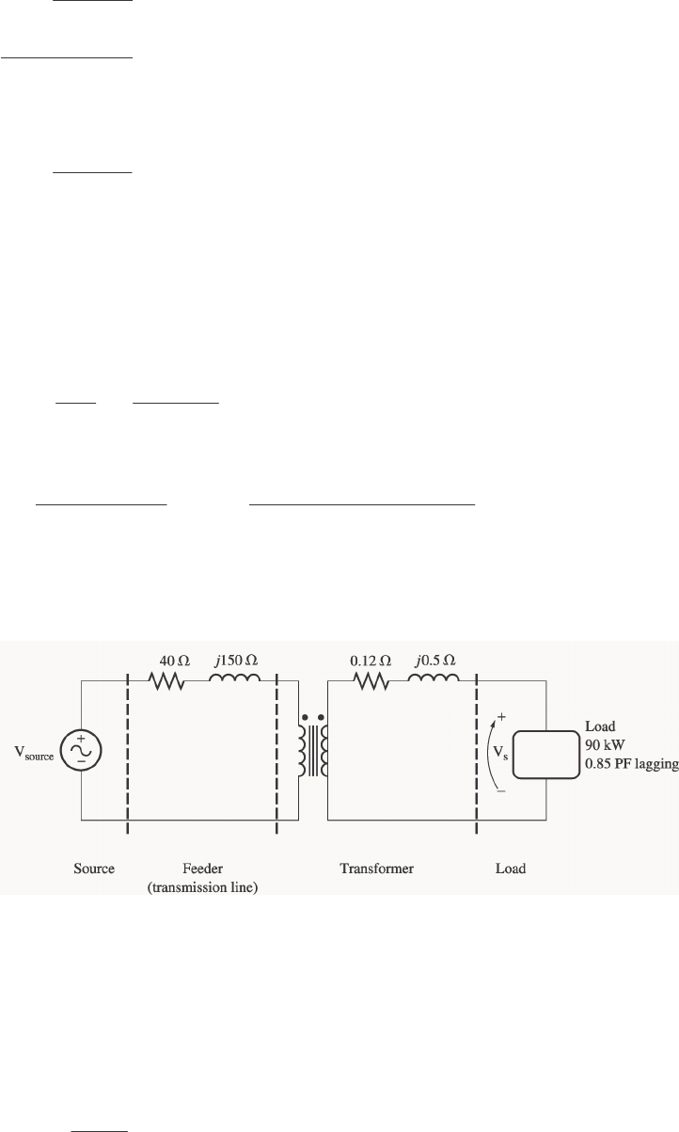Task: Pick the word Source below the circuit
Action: (x=94, y=869)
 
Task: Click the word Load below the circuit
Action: (x=511, y=869)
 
